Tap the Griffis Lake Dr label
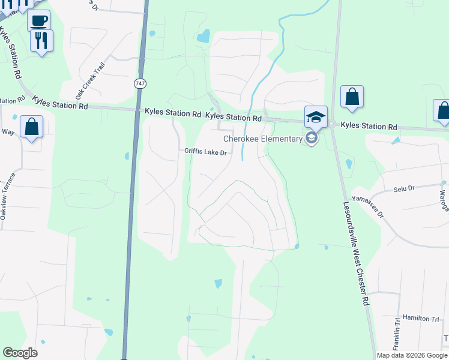(205, 152)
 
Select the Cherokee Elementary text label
(263, 139)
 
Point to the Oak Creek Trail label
(90, 80)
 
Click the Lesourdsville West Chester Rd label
(355, 252)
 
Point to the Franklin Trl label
(397, 335)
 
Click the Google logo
(20, 353)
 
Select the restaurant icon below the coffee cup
(41, 41)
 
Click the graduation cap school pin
(316, 116)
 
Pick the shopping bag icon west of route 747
(31, 127)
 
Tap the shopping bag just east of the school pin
(352, 97)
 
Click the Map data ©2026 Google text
(412, 355)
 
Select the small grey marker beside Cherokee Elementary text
(311, 139)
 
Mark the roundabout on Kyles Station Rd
(331, 124)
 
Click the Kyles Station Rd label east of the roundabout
(369, 127)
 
